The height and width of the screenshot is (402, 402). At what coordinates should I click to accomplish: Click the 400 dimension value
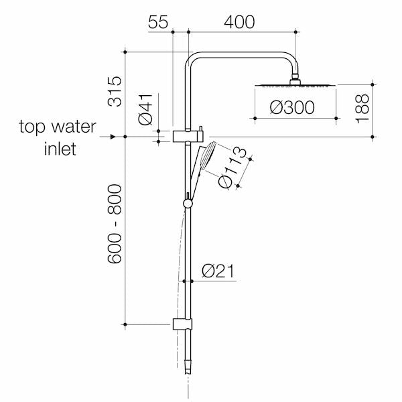(x=240, y=21)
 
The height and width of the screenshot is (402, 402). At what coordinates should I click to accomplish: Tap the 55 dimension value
(x=157, y=21)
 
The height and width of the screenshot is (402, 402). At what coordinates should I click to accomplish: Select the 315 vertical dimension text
(x=115, y=92)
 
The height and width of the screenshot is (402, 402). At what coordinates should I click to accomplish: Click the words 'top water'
(x=58, y=127)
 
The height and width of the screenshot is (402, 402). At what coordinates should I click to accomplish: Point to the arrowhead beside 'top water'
(x=121, y=137)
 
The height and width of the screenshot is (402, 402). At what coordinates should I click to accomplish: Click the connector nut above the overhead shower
(x=294, y=82)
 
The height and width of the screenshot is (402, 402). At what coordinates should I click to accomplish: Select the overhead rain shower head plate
(x=294, y=86)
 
